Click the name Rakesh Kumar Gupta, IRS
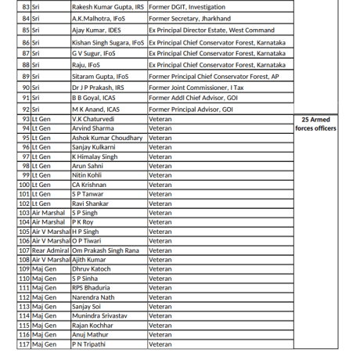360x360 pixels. point(108,6)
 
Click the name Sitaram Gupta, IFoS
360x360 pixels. point(100,76)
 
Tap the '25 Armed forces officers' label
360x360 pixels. point(317,124)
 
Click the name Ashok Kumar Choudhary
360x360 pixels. point(108,137)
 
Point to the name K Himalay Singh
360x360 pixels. point(95,156)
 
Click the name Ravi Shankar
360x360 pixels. point(90,203)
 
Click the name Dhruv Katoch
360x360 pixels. point(92,269)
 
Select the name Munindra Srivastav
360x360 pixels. point(99,315)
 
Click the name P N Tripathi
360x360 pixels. point(88,344)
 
